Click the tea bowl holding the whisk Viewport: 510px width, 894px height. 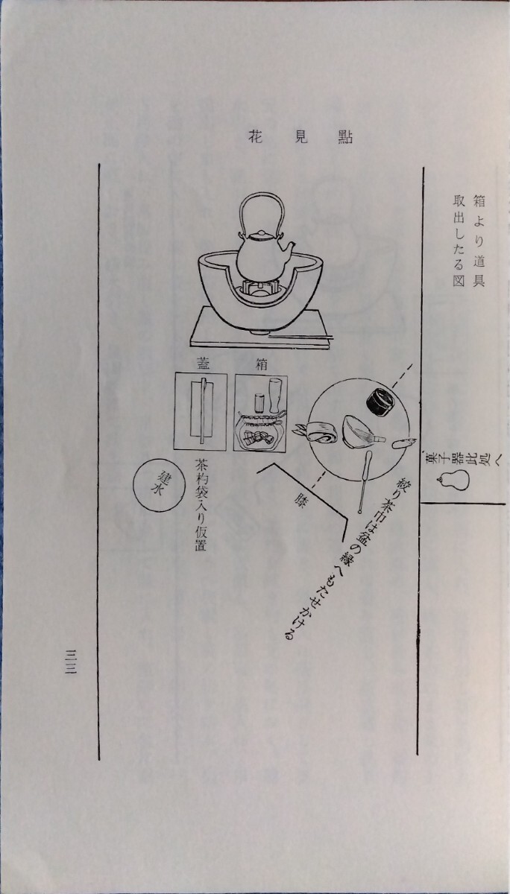point(359,432)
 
